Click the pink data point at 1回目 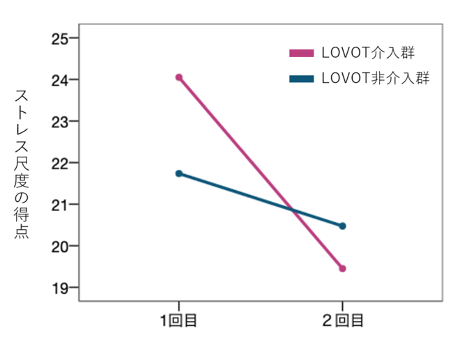pyautogui.click(x=179, y=77)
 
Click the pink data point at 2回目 pyautogui.click(x=342, y=269)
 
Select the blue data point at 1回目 pyautogui.click(x=179, y=173)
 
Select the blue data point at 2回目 pyautogui.click(x=342, y=226)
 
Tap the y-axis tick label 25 pyautogui.click(x=60, y=38)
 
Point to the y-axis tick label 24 pyautogui.click(x=60, y=80)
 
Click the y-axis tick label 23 pyautogui.click(x=60, y=122)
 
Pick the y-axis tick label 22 pyautogui.click(x=60, y=164)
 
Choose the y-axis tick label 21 pyautogui.click(x=60, y=205)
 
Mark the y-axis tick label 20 pyautogui.click(x=60, y=246)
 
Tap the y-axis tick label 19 pyautogui.click(x=60, y=288)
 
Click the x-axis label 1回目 pyautogui.click(x=178, y=321)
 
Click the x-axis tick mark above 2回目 pyautogui.click(x=342, y=305)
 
